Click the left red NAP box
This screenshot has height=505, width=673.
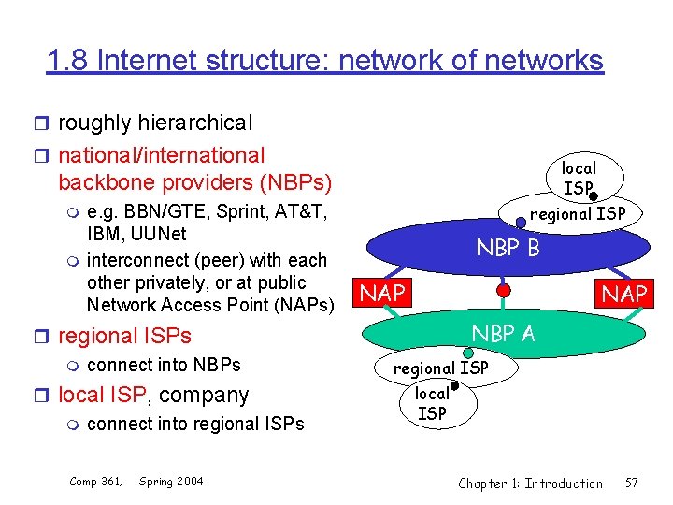[x=382, y=294]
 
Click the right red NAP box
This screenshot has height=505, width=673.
[x=623, y=294]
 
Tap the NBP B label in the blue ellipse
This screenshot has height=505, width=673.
[x=508, y=249]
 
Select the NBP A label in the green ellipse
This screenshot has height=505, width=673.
[x=503, y=333]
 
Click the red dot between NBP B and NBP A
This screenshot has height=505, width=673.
[x=503, y=291]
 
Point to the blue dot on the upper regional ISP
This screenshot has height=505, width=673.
[x=521, y=223]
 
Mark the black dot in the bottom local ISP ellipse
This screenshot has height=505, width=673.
[x=452, y=384]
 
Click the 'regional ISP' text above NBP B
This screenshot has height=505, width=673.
[x=578, y=214]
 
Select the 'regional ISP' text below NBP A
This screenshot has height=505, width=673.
[x=440, y=368]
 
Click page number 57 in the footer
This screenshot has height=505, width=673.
[x=632, y=483]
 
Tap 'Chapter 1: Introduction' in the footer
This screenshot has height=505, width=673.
[x=530, y=483]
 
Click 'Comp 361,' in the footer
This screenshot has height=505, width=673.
[x=95, y=482]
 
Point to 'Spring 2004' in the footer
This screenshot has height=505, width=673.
[x=171, y=482]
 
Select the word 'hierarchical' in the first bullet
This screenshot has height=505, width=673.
[x=194, y=123]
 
